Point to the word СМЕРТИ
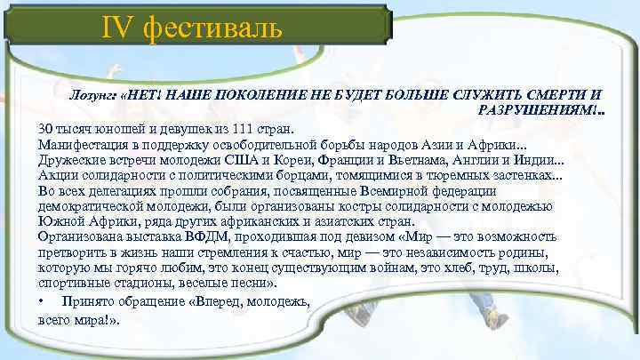point(554,93)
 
